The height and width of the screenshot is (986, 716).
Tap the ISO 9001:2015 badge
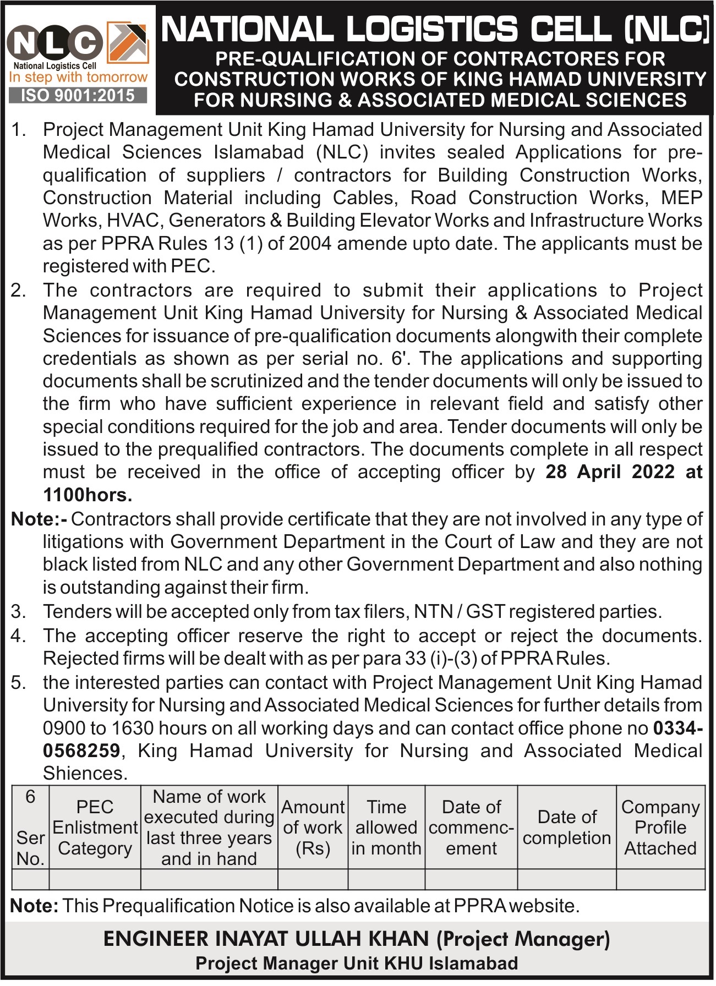[78, 96]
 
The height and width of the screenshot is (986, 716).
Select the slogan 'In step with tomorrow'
[78, 77]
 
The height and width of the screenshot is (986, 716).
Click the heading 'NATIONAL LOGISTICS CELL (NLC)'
[435, 29]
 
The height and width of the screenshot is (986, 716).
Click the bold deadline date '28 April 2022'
[610, 472]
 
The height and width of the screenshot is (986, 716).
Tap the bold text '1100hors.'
[88, 495]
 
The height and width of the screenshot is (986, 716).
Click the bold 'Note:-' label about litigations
[39, 519]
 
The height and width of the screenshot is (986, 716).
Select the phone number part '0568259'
[81, 751]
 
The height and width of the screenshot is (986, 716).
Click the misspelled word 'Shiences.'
[85, 774]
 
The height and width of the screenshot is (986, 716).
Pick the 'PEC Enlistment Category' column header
[95, 828]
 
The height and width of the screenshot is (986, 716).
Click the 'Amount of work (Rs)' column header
[313, 828]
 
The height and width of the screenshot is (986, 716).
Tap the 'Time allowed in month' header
[386, 828]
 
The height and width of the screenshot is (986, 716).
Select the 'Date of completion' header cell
[567, 828]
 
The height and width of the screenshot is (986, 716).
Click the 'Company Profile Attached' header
[660, 828]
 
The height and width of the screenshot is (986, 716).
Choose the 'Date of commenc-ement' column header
[471, 828]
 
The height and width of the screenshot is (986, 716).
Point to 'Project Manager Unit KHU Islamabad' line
[357, 963]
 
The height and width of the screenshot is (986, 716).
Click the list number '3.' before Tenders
[19, 612]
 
